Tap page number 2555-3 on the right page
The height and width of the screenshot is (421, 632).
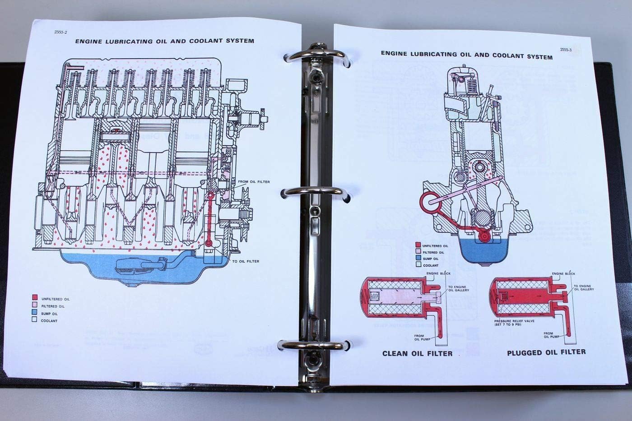(565, 50)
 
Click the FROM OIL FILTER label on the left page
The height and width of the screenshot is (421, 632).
(253, 182)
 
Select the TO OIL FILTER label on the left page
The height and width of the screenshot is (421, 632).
(246, 261)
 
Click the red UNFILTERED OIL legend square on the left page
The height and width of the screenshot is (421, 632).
(34, 298)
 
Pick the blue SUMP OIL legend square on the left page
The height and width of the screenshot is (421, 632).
(34, 312)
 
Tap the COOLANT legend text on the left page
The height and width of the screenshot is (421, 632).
(49, 321)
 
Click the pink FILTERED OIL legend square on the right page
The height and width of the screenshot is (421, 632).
(418, 252)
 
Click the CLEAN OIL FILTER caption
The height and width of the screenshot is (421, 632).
(417, 353)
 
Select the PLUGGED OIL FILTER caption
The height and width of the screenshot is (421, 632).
(546, 352)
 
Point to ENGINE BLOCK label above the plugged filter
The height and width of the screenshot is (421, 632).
(563, 274)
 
